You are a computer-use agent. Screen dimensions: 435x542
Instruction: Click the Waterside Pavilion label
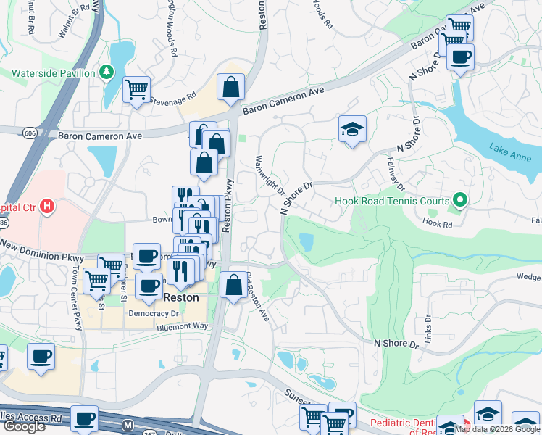[x=54, y=73]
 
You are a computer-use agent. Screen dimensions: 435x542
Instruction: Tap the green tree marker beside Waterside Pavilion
[x=107, y=72]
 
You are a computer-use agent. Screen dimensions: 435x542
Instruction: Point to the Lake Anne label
[x=509, y=154]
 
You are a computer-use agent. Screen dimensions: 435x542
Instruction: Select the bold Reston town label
[x=180, y=298]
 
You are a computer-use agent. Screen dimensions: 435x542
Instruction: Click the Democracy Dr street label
[x=153, y=314]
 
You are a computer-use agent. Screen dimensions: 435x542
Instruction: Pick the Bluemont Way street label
[x=182, y=328]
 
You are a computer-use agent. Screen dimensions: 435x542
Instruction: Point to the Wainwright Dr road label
[x=270, y=175]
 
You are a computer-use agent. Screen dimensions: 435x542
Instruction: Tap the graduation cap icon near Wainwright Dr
[x=352, y=130]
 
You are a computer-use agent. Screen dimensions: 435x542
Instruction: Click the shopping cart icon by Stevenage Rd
[x=136, y=91]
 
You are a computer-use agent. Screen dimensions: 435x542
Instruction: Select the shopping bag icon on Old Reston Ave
[x=233, y=286]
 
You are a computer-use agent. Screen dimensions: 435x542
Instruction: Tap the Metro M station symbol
[x=128, y=423]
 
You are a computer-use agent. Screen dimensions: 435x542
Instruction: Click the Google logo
[x=24, y=426]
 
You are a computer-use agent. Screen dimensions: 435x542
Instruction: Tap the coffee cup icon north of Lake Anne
[x=460, y=57]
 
